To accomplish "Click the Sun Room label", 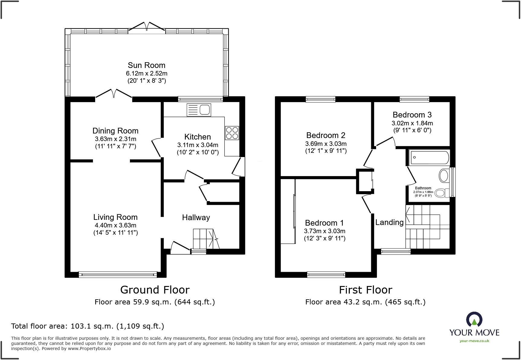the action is (147, 65).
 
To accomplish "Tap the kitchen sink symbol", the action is (199, 110).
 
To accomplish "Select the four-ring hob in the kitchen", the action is (232, 133).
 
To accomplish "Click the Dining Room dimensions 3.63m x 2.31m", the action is (116, 139).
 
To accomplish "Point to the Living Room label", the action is (115, 217).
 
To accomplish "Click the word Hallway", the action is (196, 217).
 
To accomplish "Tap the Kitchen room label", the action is (198, 137).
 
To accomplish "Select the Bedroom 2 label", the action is (326, 135).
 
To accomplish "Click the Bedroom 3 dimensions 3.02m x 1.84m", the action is (412, 123).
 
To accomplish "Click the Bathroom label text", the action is (423, 188).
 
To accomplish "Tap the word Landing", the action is (389, 223).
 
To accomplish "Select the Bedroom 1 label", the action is (324, 223).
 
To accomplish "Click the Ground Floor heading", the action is (155, 290).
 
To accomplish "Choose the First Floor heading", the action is (366, 290).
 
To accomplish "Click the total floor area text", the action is (88, 326).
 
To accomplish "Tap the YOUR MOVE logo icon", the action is (474, 319).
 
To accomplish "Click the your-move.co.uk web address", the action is (474, 341).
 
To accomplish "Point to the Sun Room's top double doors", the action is (147, 26).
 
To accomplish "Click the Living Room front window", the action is (118, 275).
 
